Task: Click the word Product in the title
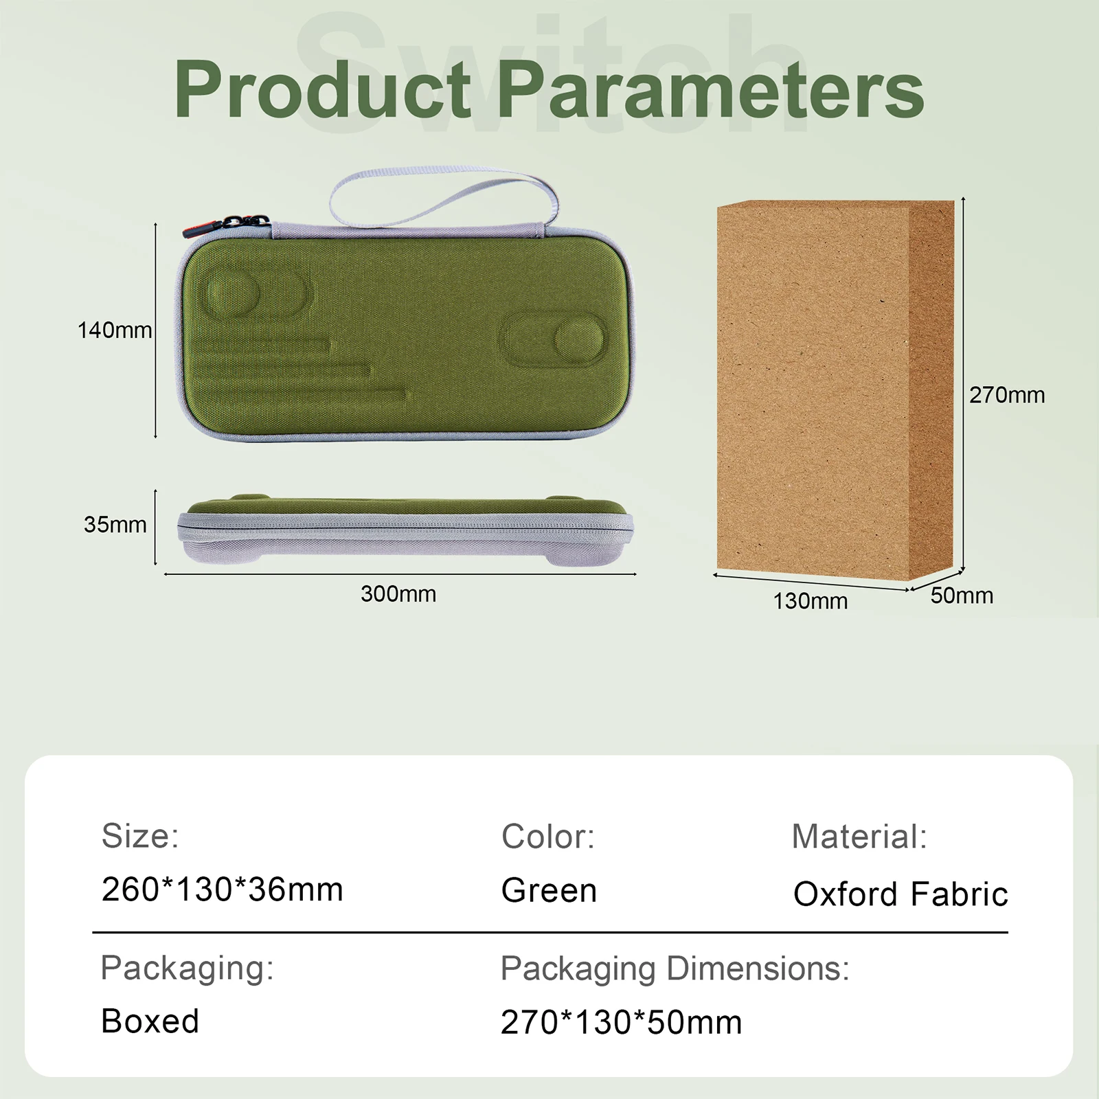(323, 89)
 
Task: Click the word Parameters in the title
(710, 89)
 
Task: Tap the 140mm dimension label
(115, 330)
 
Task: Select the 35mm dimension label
(115, 525)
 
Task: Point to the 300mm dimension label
(398, 593)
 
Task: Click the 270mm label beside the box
(1007, 395)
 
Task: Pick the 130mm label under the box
(811, 601)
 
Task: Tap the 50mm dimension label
(962, 596)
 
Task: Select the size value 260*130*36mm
(222, 890)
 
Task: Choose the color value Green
(549, 890)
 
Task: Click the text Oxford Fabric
(900, 894)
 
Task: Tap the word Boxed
(150, 1021)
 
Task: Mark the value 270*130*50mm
(621, 1022)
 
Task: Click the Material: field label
(859, 837)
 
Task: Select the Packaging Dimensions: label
(675, 969)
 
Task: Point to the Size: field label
(140, 836)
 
